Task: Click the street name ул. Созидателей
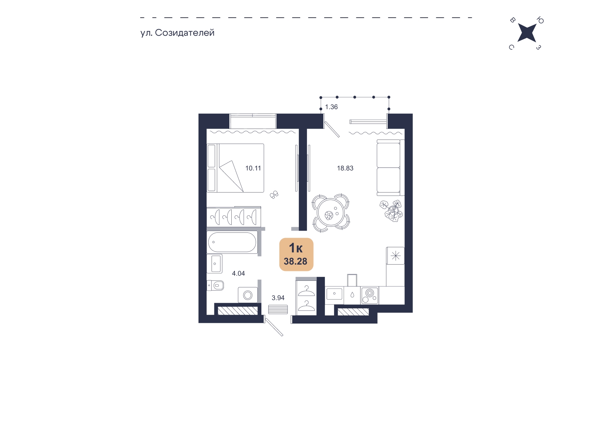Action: point(177,33)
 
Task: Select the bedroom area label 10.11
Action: point(253,168)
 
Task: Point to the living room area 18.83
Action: point(345,168)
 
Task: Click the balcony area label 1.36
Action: point(331,107)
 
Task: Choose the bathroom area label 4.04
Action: point(238,273)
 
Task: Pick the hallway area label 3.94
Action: point(278,298)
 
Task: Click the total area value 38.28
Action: point(296,262)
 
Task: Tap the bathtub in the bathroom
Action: point(232,242)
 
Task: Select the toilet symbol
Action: point(215,285)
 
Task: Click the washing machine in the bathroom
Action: point(248,295)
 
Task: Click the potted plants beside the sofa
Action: point(391,211)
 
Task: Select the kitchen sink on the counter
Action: point(334,294)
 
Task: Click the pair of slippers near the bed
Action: point(274,194)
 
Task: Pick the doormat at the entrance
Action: point(278,309)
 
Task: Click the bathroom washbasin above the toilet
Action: point(215,264)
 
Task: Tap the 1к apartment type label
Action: point(296,248)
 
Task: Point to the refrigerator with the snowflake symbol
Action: point(395,256)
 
